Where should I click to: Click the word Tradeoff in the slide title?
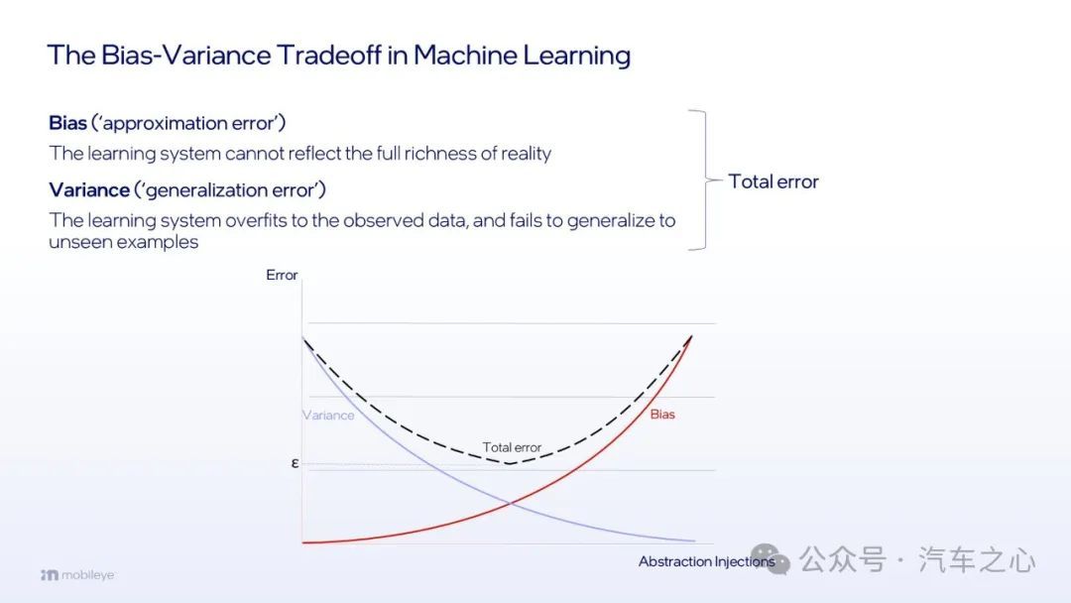328,55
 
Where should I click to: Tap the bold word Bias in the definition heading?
67,123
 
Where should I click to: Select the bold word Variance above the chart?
89,189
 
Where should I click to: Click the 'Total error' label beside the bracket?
773,181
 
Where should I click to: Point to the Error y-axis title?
282,275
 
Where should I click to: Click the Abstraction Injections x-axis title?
706,561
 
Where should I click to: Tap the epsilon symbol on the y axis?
296,463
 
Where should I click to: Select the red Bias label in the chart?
662,414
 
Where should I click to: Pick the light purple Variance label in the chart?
328,415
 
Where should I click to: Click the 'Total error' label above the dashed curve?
512,447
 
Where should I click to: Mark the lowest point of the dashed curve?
510,464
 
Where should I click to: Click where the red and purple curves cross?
511,503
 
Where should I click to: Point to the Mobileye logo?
77,575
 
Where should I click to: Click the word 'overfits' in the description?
256,220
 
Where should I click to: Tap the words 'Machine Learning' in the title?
522,55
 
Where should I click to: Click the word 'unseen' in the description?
74,242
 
